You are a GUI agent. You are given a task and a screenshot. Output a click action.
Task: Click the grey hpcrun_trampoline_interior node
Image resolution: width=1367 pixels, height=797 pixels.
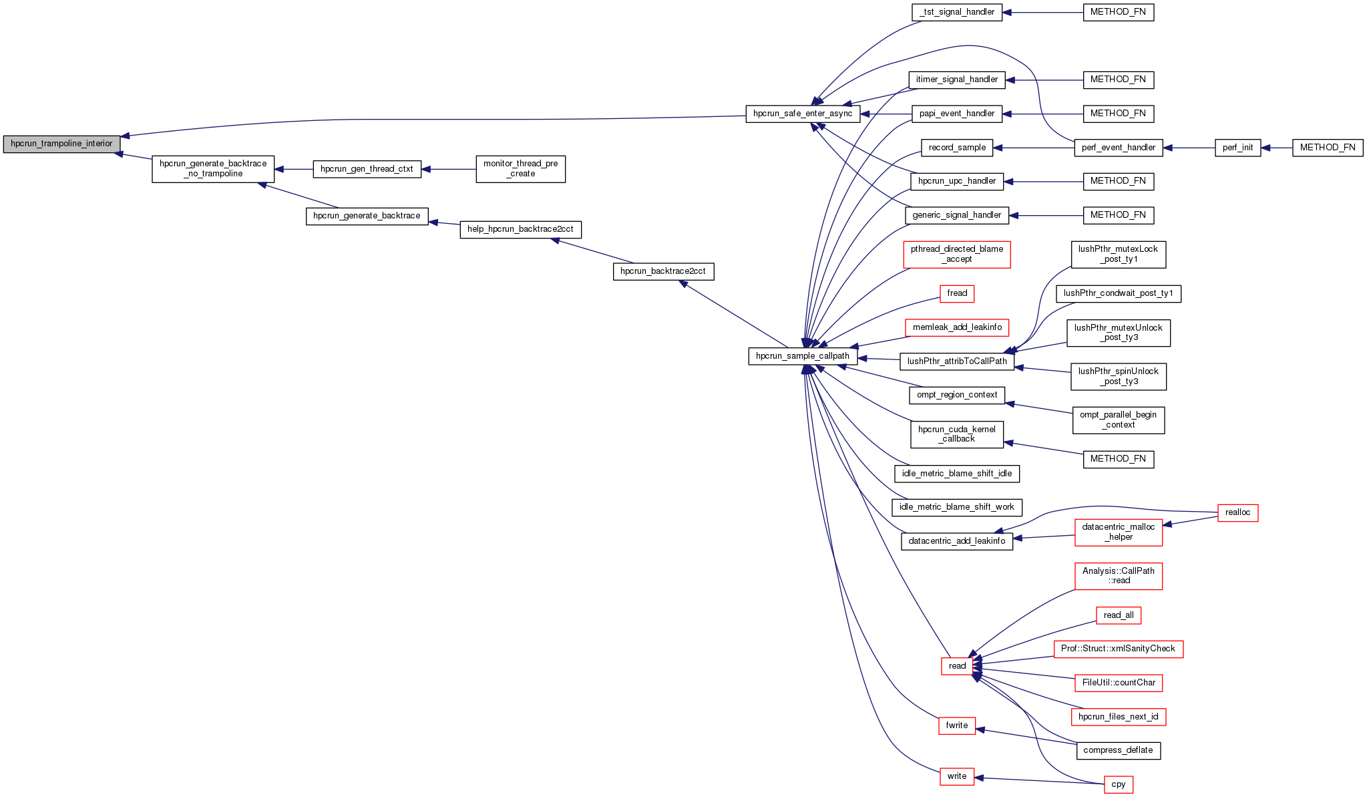[61, 144]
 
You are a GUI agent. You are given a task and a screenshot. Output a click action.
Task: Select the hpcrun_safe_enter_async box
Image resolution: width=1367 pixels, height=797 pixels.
[802, 114]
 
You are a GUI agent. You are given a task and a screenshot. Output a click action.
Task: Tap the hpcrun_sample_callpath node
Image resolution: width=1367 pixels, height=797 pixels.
[802, 356]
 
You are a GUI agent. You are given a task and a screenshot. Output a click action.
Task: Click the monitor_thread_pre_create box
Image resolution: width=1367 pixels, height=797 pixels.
[520, 169]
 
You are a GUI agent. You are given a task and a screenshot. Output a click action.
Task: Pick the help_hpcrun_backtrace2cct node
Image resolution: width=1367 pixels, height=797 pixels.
[520, 229]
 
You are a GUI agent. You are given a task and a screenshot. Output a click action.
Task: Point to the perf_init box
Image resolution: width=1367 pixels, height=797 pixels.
[1237, 148]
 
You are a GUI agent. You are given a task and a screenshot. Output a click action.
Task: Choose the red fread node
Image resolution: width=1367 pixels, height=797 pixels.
[956, 293]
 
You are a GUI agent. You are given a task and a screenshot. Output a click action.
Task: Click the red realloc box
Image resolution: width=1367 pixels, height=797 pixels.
[1237, 512]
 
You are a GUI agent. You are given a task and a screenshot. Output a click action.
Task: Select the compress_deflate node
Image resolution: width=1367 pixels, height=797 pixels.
[1118, 750]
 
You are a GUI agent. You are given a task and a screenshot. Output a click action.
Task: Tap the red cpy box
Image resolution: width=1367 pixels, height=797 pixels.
[1118, 785]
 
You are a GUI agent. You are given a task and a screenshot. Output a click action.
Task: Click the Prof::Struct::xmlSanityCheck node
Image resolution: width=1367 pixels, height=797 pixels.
[1118, 649]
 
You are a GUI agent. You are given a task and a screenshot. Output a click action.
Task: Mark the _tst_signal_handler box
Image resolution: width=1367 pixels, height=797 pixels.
[956, 12]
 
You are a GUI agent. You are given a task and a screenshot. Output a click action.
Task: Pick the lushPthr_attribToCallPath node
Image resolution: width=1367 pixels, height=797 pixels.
[956, 361]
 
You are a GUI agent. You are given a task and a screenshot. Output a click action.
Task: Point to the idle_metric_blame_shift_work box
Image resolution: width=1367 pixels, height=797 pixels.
[956, 507]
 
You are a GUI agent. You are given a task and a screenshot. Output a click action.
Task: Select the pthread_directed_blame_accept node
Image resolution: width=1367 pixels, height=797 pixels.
[956, 255]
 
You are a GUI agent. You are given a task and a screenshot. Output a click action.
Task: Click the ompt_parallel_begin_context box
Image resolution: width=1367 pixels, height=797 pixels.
[1118, 420]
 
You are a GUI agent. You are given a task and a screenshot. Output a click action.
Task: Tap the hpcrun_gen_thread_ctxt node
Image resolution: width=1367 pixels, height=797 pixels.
[367, 169]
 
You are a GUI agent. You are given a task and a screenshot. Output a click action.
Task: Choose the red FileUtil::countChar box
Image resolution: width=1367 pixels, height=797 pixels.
[1118, 683]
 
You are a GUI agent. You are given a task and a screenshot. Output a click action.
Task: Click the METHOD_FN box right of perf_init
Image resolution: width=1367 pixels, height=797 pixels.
[1327, 148]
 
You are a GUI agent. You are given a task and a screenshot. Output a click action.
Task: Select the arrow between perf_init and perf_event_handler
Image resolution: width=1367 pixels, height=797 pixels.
[1189, 148]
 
